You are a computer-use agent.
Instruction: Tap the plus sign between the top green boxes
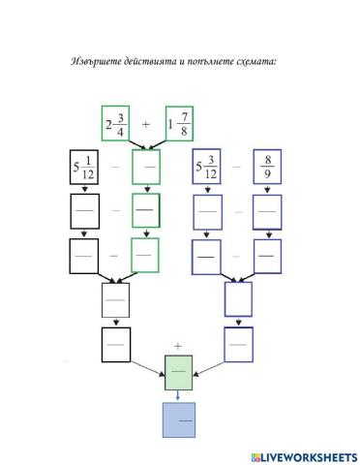point(147,125)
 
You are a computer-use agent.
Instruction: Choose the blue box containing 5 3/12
point(209,168)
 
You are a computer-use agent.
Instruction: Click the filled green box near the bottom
point(179,373)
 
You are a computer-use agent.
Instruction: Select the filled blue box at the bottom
point(179,420)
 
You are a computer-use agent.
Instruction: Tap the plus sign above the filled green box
point(178,345)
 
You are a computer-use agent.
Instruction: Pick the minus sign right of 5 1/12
point(116,168)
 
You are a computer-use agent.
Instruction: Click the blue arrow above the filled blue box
point(179,395)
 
